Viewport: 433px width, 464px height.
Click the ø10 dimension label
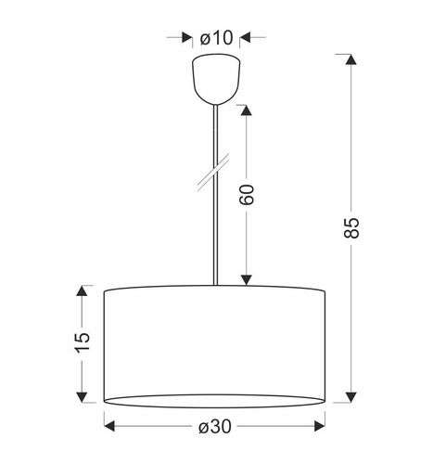coord(217,38)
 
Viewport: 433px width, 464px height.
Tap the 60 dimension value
coord(247,194)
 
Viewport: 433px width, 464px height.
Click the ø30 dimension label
coord(215,426)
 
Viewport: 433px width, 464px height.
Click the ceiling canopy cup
coord(215,81)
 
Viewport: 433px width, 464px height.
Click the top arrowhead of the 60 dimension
coord(247,110)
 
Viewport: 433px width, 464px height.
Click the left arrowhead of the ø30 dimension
coord(109,426)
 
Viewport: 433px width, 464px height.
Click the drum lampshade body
coord(215,343)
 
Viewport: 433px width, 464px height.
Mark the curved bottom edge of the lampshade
coord(215,406)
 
